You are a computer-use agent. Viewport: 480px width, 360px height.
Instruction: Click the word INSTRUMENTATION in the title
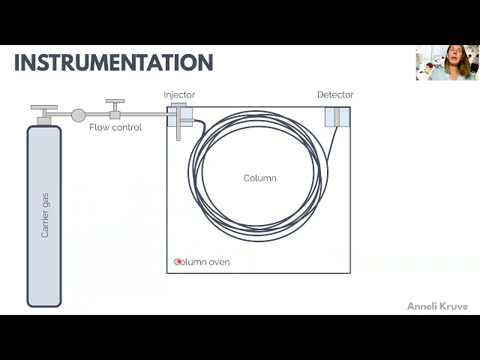point(113,62)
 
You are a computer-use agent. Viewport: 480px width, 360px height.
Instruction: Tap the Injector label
point(179,94)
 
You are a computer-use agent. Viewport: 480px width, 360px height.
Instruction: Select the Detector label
point(335,94)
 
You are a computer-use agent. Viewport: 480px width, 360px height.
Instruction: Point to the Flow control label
point(115,127)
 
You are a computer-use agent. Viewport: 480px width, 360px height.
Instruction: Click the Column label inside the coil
point(259,178)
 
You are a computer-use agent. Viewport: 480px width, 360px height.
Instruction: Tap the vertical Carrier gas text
point(45,215)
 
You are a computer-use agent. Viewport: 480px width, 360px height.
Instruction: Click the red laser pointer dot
point(178,262)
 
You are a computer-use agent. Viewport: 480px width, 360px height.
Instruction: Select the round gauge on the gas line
point(78,115)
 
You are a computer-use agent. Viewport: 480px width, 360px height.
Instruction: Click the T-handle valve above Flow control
point(115,102)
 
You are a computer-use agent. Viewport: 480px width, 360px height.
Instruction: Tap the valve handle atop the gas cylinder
point(44,108)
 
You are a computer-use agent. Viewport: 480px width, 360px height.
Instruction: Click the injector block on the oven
point(181,115)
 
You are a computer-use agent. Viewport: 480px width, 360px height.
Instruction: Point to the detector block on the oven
point(337,116)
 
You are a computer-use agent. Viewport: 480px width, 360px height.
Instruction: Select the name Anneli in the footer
point(422,306)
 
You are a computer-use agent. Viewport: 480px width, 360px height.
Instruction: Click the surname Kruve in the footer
point(454,306)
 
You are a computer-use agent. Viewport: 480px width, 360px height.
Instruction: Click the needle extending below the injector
point(179,132)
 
